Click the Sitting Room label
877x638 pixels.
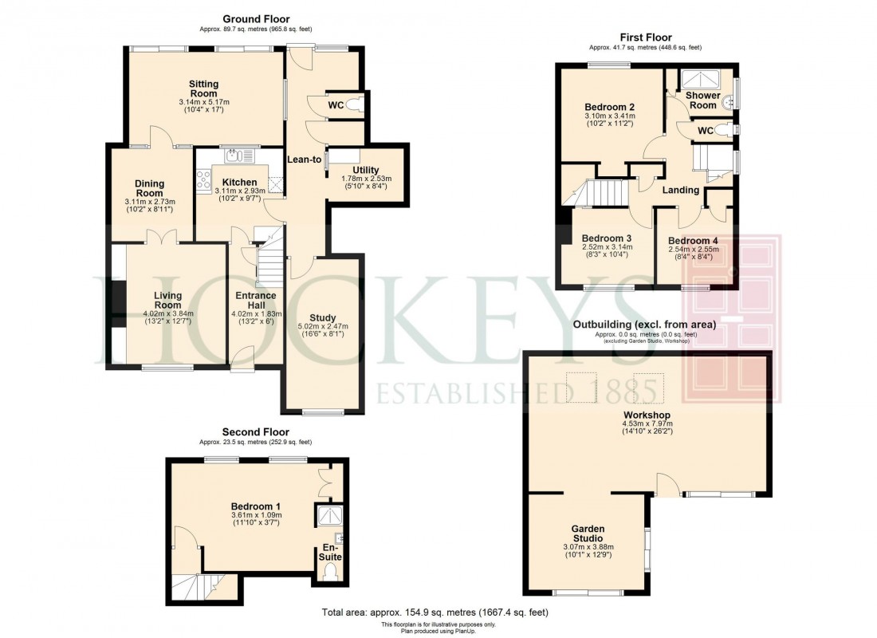(203, 89)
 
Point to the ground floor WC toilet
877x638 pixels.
(353, 104)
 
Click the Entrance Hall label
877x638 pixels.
(255, 301)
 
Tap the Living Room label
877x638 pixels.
(167, 300)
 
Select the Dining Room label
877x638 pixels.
(149, 187)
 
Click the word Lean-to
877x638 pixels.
(305, 159)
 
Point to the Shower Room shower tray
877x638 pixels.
(698, 79)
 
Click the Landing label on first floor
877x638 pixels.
(680, 190)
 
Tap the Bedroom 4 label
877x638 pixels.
(693, 241)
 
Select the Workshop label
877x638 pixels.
(647, 415)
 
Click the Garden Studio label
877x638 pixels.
(587, 534)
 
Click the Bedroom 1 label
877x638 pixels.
(255, 506)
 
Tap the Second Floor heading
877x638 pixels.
(255, 432)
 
